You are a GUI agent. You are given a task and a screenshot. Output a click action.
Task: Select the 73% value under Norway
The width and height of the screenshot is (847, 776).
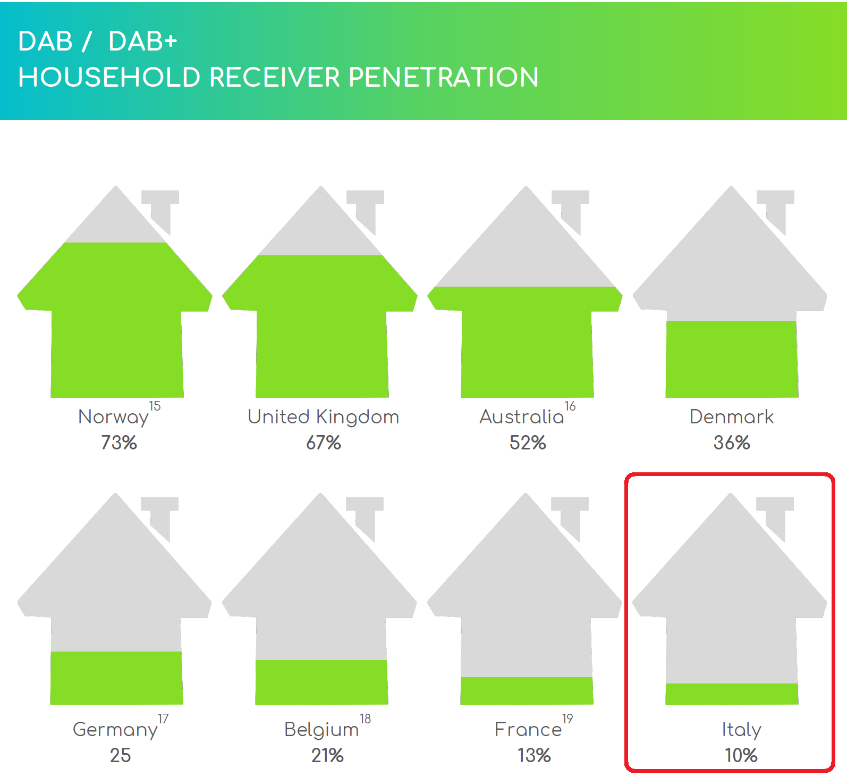tap(119, 443)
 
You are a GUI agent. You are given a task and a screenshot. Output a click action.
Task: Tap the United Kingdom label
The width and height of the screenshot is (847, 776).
tap(323, 417)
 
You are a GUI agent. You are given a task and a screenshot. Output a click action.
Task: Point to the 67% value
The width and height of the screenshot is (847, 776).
tap(323, 443)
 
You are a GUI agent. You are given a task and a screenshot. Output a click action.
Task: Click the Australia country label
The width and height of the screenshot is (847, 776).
tap(521, 417)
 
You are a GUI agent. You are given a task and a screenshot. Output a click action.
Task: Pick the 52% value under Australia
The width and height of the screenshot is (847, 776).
tap(528, 443)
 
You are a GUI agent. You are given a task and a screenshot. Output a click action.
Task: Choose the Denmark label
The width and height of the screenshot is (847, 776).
tap(731, 417)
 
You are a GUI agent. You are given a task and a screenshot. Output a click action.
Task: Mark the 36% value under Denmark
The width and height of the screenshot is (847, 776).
tap(732, 443)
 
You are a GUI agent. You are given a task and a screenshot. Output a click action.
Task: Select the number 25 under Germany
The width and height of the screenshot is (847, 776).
tap(120, 755)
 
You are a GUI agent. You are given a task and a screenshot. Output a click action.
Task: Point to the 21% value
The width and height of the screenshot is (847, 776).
tap(327, 755)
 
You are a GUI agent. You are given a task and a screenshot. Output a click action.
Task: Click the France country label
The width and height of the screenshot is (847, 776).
tap(528, 730)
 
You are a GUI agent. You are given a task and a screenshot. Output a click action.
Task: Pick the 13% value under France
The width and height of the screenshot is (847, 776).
tap(534, 755)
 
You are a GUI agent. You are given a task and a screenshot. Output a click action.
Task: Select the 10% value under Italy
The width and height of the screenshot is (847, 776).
tap(741, 755)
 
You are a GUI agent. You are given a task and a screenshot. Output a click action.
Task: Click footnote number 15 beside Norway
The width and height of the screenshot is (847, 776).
tap(155, 406)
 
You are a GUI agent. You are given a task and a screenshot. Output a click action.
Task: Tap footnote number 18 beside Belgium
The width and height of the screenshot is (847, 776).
tap(365, 719)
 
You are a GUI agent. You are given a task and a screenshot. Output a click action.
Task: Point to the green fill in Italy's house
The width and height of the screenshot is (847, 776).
tap(732, 694)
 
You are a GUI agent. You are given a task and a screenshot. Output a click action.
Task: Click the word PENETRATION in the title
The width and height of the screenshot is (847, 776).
tap(444, 78)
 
